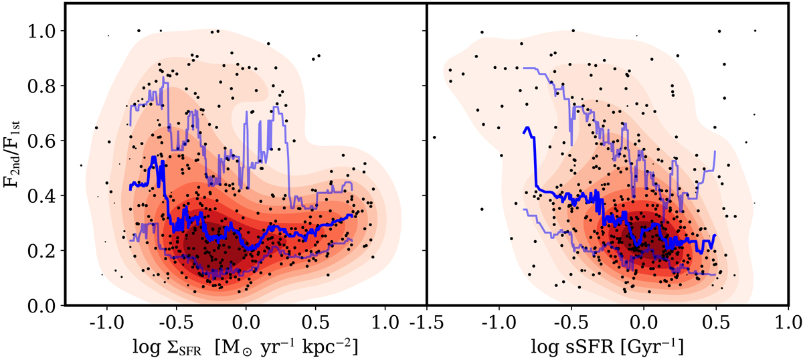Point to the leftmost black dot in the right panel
(434, 137)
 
